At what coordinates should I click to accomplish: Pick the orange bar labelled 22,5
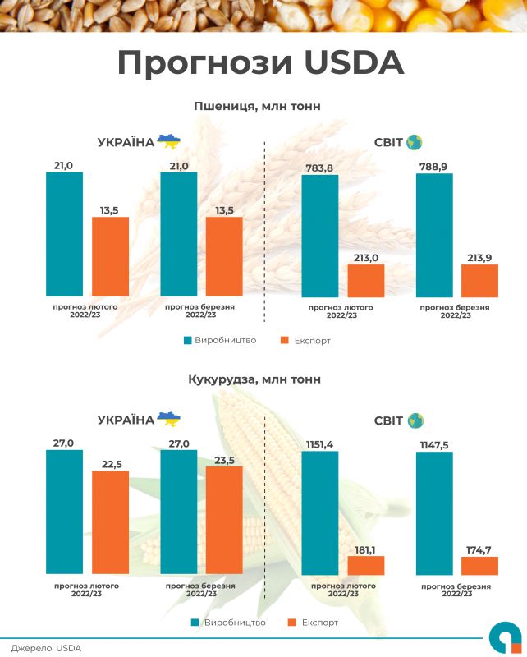[110, 521]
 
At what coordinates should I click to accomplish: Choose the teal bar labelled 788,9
[435, 235]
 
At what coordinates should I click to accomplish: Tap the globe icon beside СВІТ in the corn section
[415, 420]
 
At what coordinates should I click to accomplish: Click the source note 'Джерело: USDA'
[46, 648]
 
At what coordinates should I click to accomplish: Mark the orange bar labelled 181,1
[365, 565]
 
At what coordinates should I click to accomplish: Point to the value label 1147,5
[435, 443]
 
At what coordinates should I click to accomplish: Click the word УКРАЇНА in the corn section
[125, 420]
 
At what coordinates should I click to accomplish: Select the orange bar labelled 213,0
[365, 280]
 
